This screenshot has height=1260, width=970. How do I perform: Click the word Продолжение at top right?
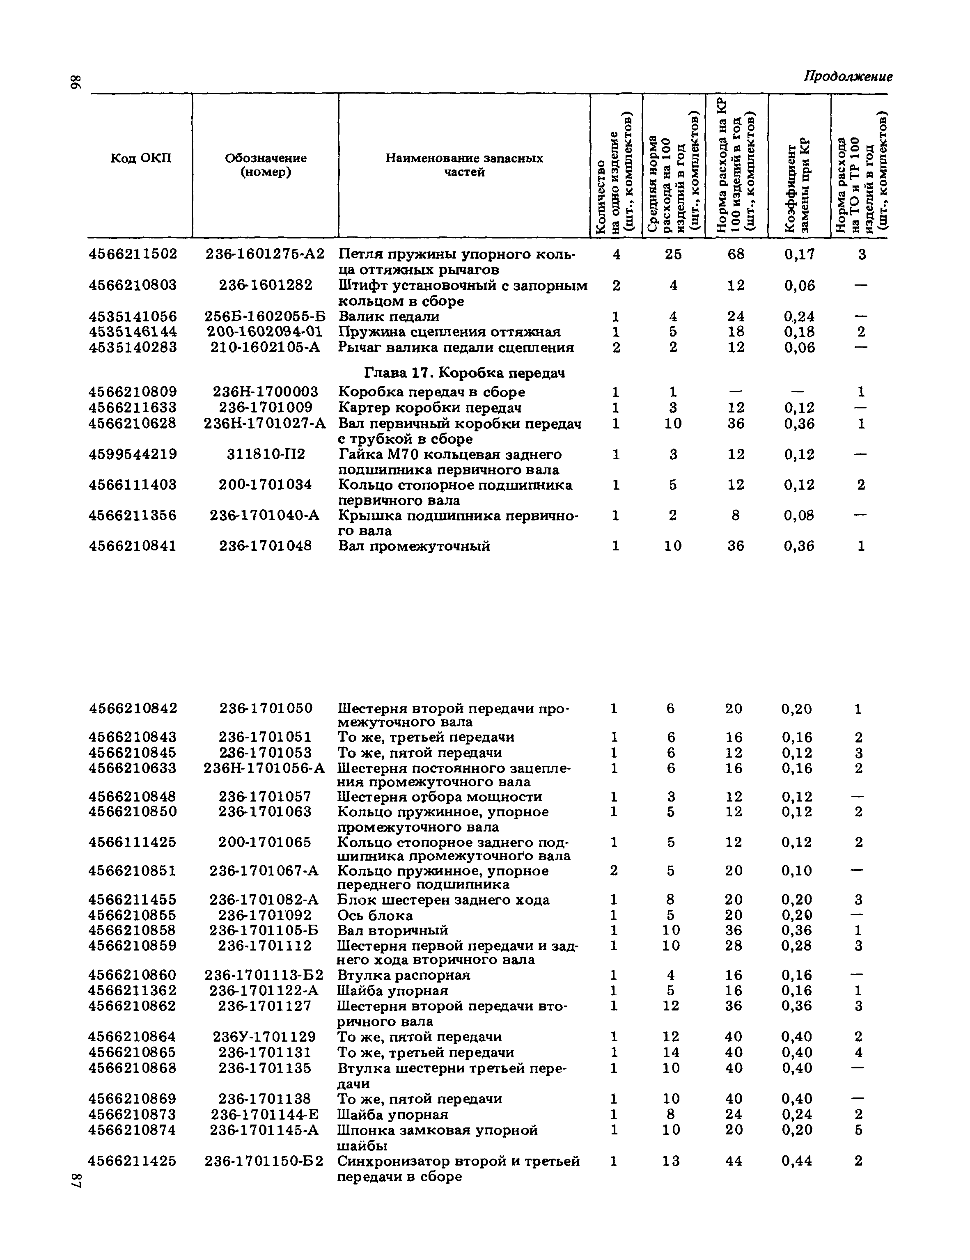click(x=848, y=77)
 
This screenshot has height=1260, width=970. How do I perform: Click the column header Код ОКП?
click(x=141, y=158)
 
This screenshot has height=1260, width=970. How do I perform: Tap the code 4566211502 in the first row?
click(x=133, y=254)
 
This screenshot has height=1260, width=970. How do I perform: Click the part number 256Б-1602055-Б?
click(x=265, y=317)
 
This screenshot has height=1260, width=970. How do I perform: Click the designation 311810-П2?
click(x=266, y=455)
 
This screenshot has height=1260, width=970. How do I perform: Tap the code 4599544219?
click(x=133, y=455)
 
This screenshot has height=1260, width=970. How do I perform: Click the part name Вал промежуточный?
click(x=414, y=546)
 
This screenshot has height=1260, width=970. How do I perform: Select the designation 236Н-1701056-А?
click(x=264, y=768)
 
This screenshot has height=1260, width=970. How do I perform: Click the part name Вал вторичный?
click(x=392, y=930)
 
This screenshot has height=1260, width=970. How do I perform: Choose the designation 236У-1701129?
click(x=264, y=1037)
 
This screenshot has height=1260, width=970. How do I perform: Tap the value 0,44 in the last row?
click(x=796, y=1161)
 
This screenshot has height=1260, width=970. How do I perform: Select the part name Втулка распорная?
click(x=404, y=975)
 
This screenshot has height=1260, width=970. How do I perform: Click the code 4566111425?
click(x=133, y=842)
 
